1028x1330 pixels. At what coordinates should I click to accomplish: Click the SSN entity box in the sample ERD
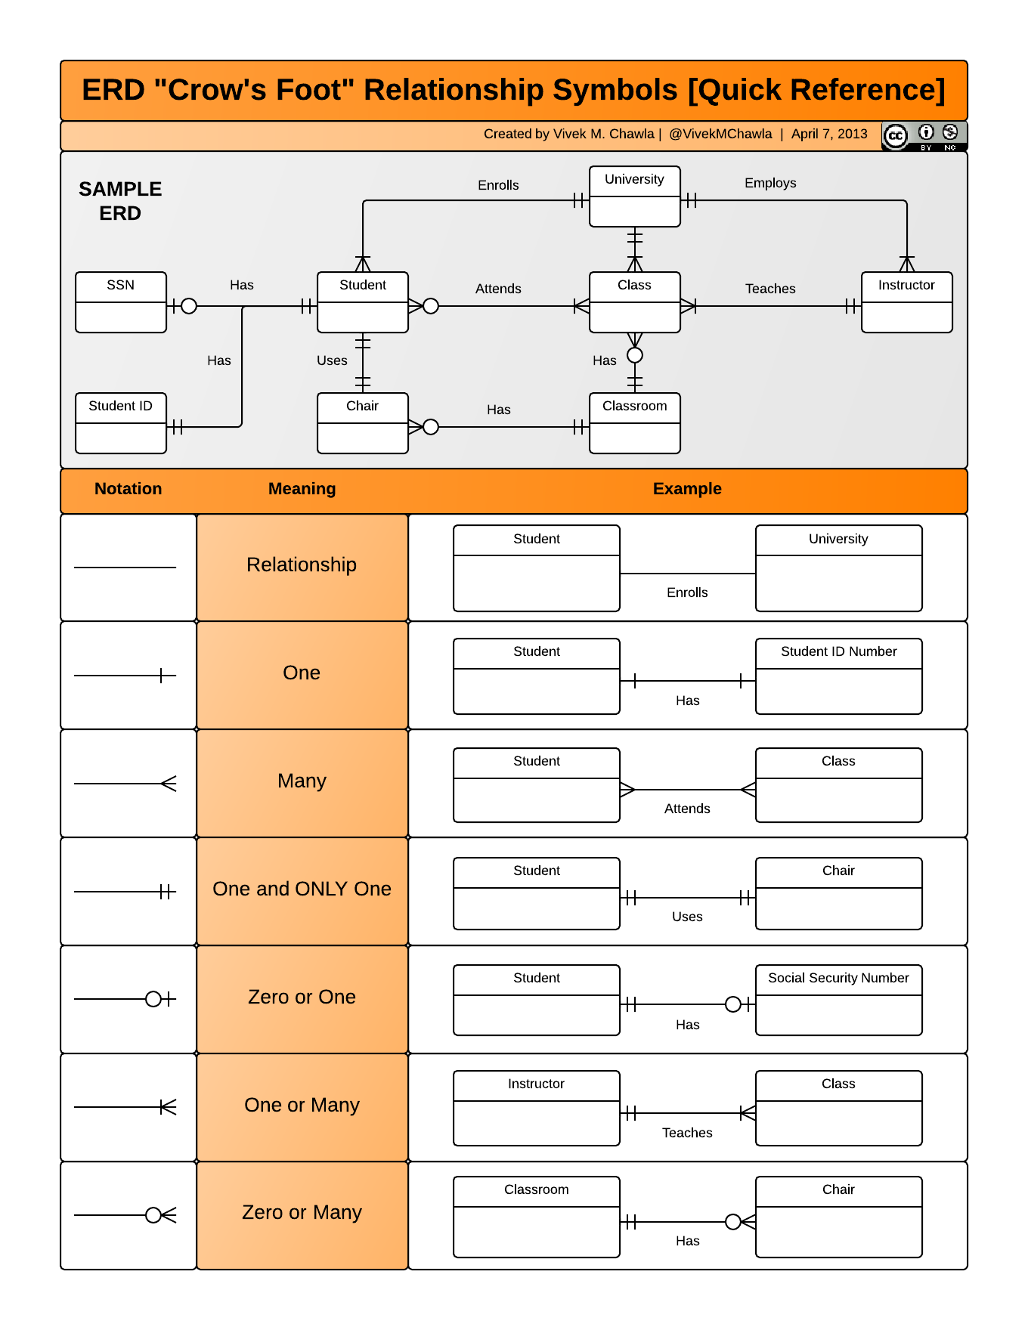pyautogui.click(x=121, y=302)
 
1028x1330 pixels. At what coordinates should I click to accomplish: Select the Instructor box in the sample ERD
pyautogui.click(x=906, y=302)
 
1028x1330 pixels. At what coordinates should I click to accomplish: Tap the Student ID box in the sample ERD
pyautogui.click(x=121, y=422)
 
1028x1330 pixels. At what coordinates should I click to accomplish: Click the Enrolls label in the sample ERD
pyautogui.click(x=498, y=185)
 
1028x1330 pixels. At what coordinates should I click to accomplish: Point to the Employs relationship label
pyautogui.click(x=770, y=183)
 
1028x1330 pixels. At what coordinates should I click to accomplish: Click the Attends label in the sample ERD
pyautogui.click(x=498, y=289)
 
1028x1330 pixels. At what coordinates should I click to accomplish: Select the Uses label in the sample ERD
pyautogui.click(x=332, y=360)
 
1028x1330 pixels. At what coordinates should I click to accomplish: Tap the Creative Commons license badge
pyautogui.click(x=924, y=136)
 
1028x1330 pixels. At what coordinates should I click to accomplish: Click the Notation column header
pyautogui.click(x=128, y=489)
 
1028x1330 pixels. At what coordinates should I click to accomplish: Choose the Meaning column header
pyautogui.click(x=302, y=489)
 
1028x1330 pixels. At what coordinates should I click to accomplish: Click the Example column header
pyautogui.click(x=687, y=489)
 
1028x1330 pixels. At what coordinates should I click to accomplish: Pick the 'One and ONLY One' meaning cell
pyautogui.click(x=302, y=889)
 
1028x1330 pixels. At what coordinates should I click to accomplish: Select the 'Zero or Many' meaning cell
pyautogui.click(x=302, y=1213)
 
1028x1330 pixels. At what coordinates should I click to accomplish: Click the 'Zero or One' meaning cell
pyautogui.click(x=302, y=998)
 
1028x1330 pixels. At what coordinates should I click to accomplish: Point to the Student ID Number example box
pyautogui.click(x=838, y=676)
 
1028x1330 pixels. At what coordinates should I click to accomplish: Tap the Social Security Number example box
pyautogui.click(x=838, y=999)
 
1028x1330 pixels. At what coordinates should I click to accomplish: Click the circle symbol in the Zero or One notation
pyautogui.click(x=153, y=999)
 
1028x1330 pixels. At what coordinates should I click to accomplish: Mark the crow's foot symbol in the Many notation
pyautogui.click(x=169, y=784)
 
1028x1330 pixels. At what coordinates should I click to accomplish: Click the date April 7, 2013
pyautogui.click(x=829, y=134)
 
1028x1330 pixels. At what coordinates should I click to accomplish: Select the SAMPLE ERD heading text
pyautogui.click(x=120, y=201)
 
